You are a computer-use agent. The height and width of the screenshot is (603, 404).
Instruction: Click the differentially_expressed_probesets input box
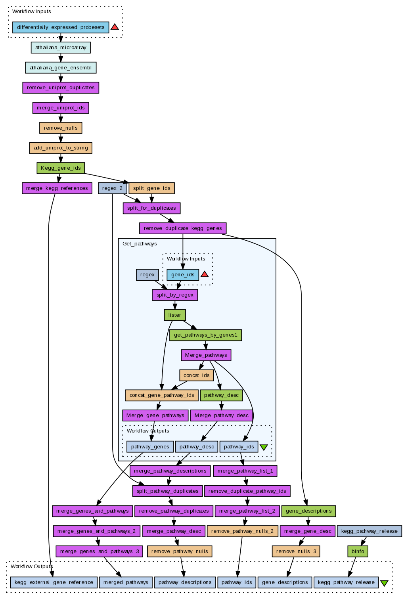pos(61,27)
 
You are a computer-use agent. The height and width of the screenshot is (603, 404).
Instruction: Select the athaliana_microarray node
pos(61,48)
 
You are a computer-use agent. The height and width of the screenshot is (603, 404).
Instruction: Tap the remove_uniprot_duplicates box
pos(61,88)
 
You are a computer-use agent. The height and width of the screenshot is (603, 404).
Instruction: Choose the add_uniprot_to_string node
pos(61,148)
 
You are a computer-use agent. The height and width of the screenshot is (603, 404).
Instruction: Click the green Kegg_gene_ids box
pos(61,168)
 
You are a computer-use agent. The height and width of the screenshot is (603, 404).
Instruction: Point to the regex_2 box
pos(112,188)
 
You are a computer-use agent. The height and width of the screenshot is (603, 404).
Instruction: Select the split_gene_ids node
pos(151,188)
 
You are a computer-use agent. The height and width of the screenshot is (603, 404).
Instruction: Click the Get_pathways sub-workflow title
pos(140,244)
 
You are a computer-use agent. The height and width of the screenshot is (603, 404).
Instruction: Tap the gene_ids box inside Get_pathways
pos(183,275)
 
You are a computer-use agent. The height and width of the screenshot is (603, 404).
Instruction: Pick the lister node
pos(174,315)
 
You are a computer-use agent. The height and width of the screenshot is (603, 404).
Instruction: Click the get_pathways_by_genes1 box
pos(205,335)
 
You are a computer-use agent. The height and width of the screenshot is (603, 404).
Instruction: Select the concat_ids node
pos(196,375)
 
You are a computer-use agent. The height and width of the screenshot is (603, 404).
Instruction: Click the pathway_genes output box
pos(150,447)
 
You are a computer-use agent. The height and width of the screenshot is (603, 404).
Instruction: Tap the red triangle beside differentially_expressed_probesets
pos(115,27)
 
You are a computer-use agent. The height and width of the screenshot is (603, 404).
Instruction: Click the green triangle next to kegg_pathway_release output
pos(384,583)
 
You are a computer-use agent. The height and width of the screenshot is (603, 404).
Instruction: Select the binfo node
pos(358,551)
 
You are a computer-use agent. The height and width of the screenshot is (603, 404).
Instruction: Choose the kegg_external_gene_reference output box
pos(54,582)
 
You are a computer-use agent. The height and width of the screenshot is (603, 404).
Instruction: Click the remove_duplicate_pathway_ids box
pos(247,491)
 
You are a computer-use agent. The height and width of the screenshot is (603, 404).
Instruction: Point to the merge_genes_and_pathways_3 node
pos(100,551)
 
